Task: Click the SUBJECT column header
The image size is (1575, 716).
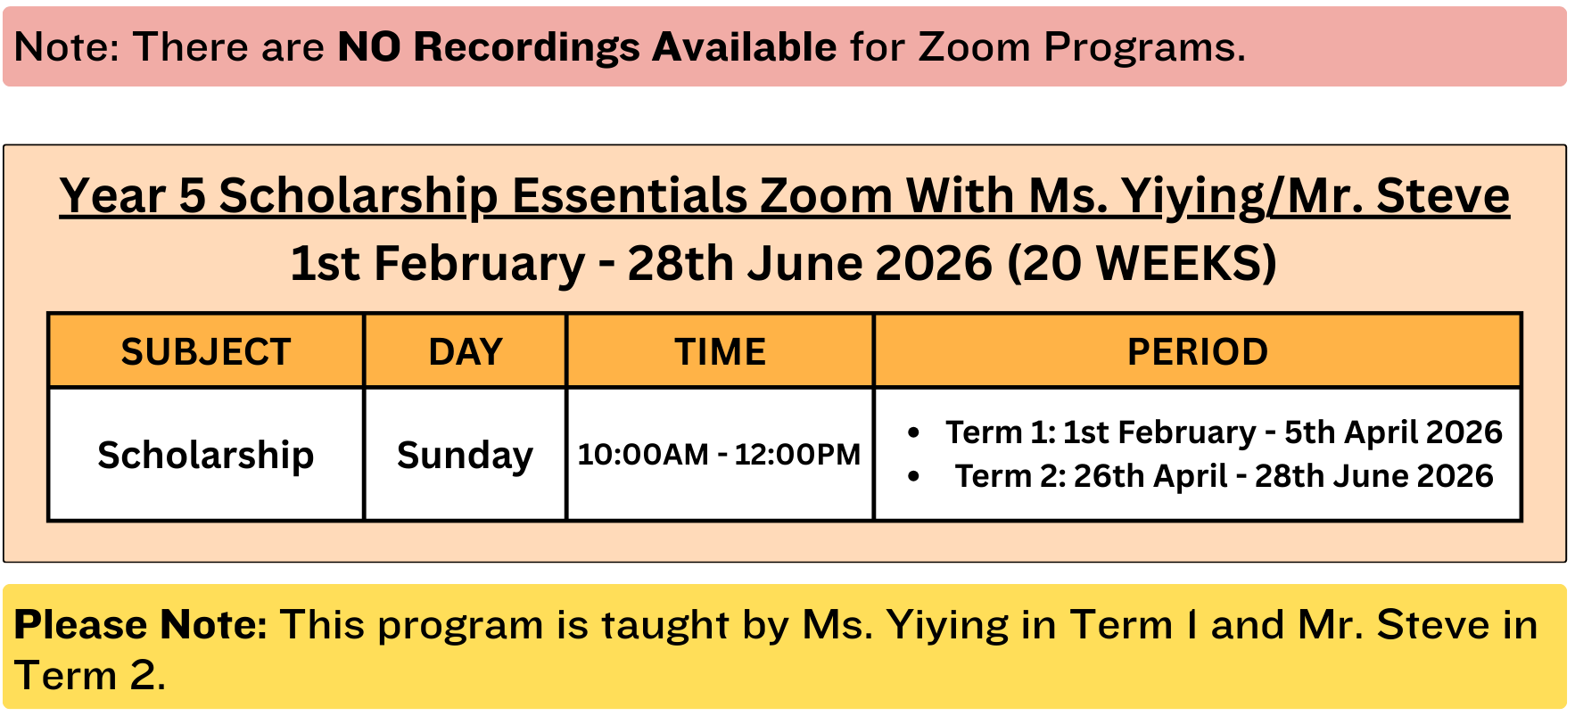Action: pyautogui.click(x=206, y=351)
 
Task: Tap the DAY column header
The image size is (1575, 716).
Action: pyautogui.click(x=466, y=351)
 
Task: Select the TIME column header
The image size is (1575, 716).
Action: pyautogui.click(x=720, y=351)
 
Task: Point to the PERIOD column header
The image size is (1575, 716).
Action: pyautogui.click(x=1198, y=351)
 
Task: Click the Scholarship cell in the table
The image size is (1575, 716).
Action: pyautogui.click(x=206, y=455)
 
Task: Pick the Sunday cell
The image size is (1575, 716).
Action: pyautogui.click(x=465, y=456)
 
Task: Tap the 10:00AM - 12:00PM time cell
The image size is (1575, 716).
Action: pyautogui.click(x=719, y=454)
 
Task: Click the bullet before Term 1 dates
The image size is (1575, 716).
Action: pyautogui.click(x=912, y=432)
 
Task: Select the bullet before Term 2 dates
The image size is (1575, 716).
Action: pyautogui.click(x=912, y=476)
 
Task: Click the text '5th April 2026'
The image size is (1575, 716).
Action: pyautogui.click(x=1393, y=432)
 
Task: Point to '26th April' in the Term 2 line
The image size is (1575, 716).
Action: pyautogui.click(x=1150, y=476)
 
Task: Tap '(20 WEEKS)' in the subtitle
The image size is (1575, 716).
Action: pyautogui.click(x=1142, y=263)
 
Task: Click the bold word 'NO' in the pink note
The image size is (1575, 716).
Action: pyautogui.click(x=369, y=46)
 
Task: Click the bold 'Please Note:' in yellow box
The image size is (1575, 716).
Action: pyautogui.click(x=141, y=624)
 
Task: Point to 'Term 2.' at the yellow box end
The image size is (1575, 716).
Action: pyautogui.click(x=90, y=675)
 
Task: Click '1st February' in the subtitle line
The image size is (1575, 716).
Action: pyautogui.click(x=438, y=263)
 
